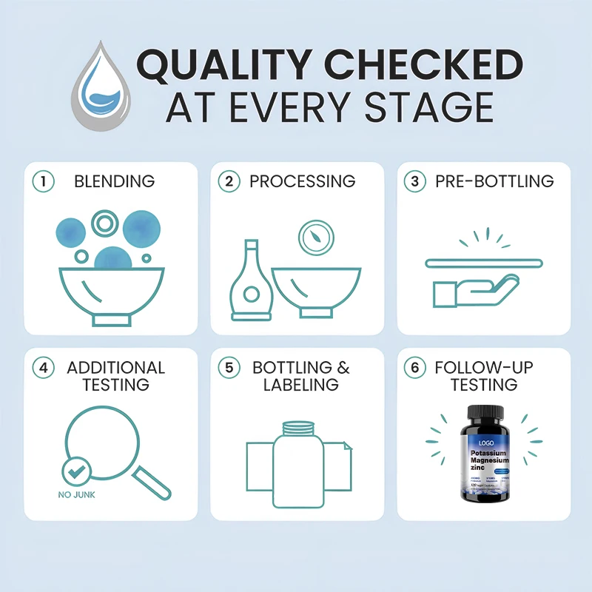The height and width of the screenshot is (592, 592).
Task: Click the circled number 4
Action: click(x=44, y=368)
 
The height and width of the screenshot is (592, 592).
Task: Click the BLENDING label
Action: click(x=114, y=181)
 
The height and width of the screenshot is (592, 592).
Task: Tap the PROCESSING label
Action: click(x=302, y=181)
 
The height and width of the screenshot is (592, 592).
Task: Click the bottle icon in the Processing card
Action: click(x=251, y=285)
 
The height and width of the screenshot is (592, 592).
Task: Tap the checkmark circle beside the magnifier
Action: click(x=76, y=471)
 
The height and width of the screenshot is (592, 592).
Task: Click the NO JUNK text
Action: click(x=76, y=495)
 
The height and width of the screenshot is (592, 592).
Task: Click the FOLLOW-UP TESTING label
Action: click(x=485, y=376)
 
